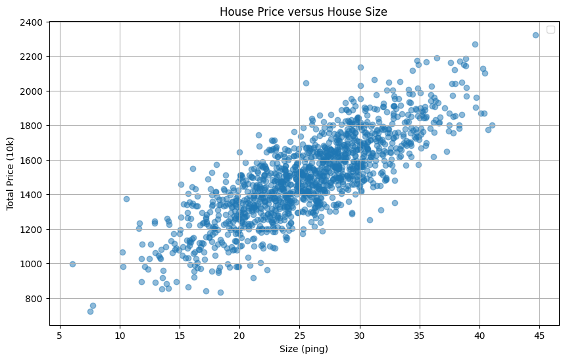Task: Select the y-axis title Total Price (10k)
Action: pyautogui.click(x=11, y=173)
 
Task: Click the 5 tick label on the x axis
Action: pyautogui.click(x=60, y=334)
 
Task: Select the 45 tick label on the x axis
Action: pyautogui.click(x=539, y=334)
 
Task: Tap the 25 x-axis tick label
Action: pyautogui.click(x=300, y=334)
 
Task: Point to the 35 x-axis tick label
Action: pyautogui.click(x=420, y=334)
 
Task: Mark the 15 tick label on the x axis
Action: pyautogui.click(x=180, y=334)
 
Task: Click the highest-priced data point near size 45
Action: pyautogui.click(x=535, y=35)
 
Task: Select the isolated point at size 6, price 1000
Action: pyautogui.click(x=72, y=264)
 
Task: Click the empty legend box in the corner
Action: pyautogui.click(x=551, y=29)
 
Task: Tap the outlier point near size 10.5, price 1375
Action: pyautogui.click(x=126, y=199)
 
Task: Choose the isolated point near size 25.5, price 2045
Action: pyautogui.click(x=306, y=83)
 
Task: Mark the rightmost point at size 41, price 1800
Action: pyautogui.click(x=492, y=125)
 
